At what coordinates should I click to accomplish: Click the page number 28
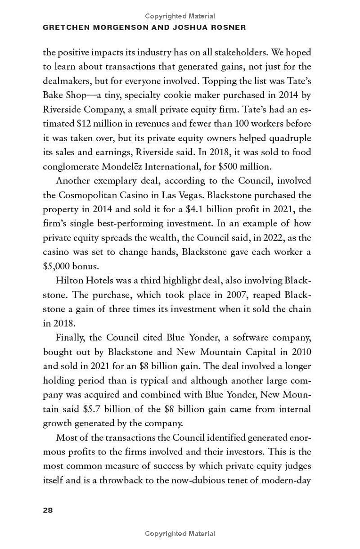pyautogui.click(x=48, y=510)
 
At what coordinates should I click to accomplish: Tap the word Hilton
pyautogui.click(x=70, y=281)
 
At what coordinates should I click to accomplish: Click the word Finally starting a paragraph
pyautogui.click(x=71, y=338)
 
